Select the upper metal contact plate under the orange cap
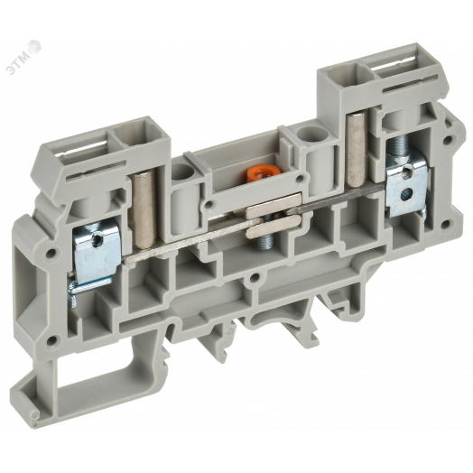pyautogui.click(x=273, y=206)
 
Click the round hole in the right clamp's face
pyautogui.click(x=405, y=194)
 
